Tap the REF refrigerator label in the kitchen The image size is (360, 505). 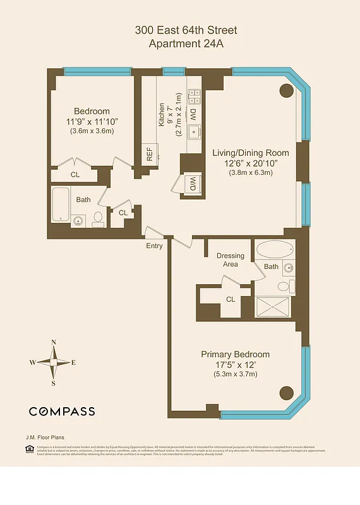(x=150, y=155)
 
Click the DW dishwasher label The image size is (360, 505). (x=193, y=116)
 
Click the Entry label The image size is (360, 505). (x=154, y=246)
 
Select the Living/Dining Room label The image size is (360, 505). (x=250, y=153)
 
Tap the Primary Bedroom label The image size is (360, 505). (x=235, y=354)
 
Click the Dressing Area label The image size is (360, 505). (x=231, y=260)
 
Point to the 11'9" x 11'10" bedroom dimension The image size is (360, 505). (x=92, y=121)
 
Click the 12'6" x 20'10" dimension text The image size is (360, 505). (x=250, y=163)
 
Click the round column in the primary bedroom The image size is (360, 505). (x=286, y=392)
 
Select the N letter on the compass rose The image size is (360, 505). (x=54, y=342)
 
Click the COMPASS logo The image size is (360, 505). (x=62, y=412)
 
